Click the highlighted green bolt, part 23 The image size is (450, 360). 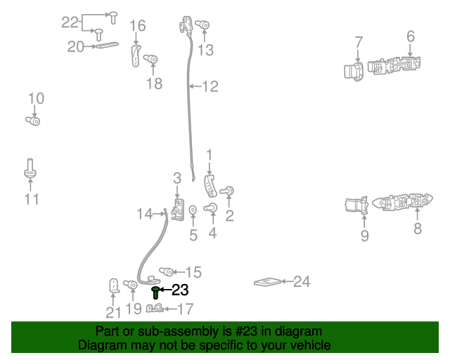[155, 292]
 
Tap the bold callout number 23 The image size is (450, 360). [180, 290]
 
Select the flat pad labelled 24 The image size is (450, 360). [267, 282]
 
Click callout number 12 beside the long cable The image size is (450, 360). [210, 86]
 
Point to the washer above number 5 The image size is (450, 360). [193, 210]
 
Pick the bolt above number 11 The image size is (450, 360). [30, 169]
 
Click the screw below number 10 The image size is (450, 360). [33, 120]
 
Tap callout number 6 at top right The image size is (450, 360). [411, 37]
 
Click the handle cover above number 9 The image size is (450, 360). [356, 205]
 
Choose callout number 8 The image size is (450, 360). [418, 229]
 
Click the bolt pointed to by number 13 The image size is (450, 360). [202, 25]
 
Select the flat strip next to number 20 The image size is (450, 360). [108, 45]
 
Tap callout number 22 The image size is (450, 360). [70, 22]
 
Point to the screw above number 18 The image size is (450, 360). [150, 59]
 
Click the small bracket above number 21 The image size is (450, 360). [114, 286]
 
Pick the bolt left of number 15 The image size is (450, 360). [167, 271]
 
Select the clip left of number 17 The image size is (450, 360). [155, 309]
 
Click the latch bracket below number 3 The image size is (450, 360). [178, 210]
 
